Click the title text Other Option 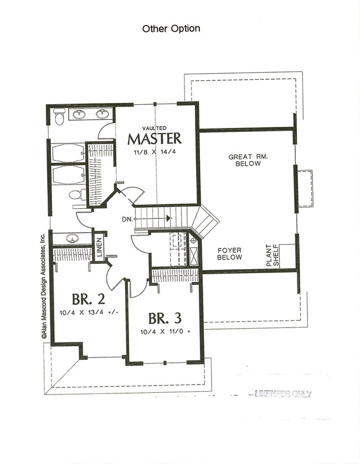tap(171, 28)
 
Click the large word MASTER tap(155, 138)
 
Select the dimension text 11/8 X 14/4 tap(155, 151)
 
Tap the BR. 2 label tap(86, 299)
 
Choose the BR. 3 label tap(164, 319)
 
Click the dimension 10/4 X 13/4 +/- tap(86, 313)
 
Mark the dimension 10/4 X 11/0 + tap(164, 332)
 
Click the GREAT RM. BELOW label tap(248, 160)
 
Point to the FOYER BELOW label tap(229, 254)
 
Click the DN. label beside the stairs tap(127, 219)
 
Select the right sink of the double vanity tap(102, 115)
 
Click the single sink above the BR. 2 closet tap(72, 239)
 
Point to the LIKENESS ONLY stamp tap(283, 394)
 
